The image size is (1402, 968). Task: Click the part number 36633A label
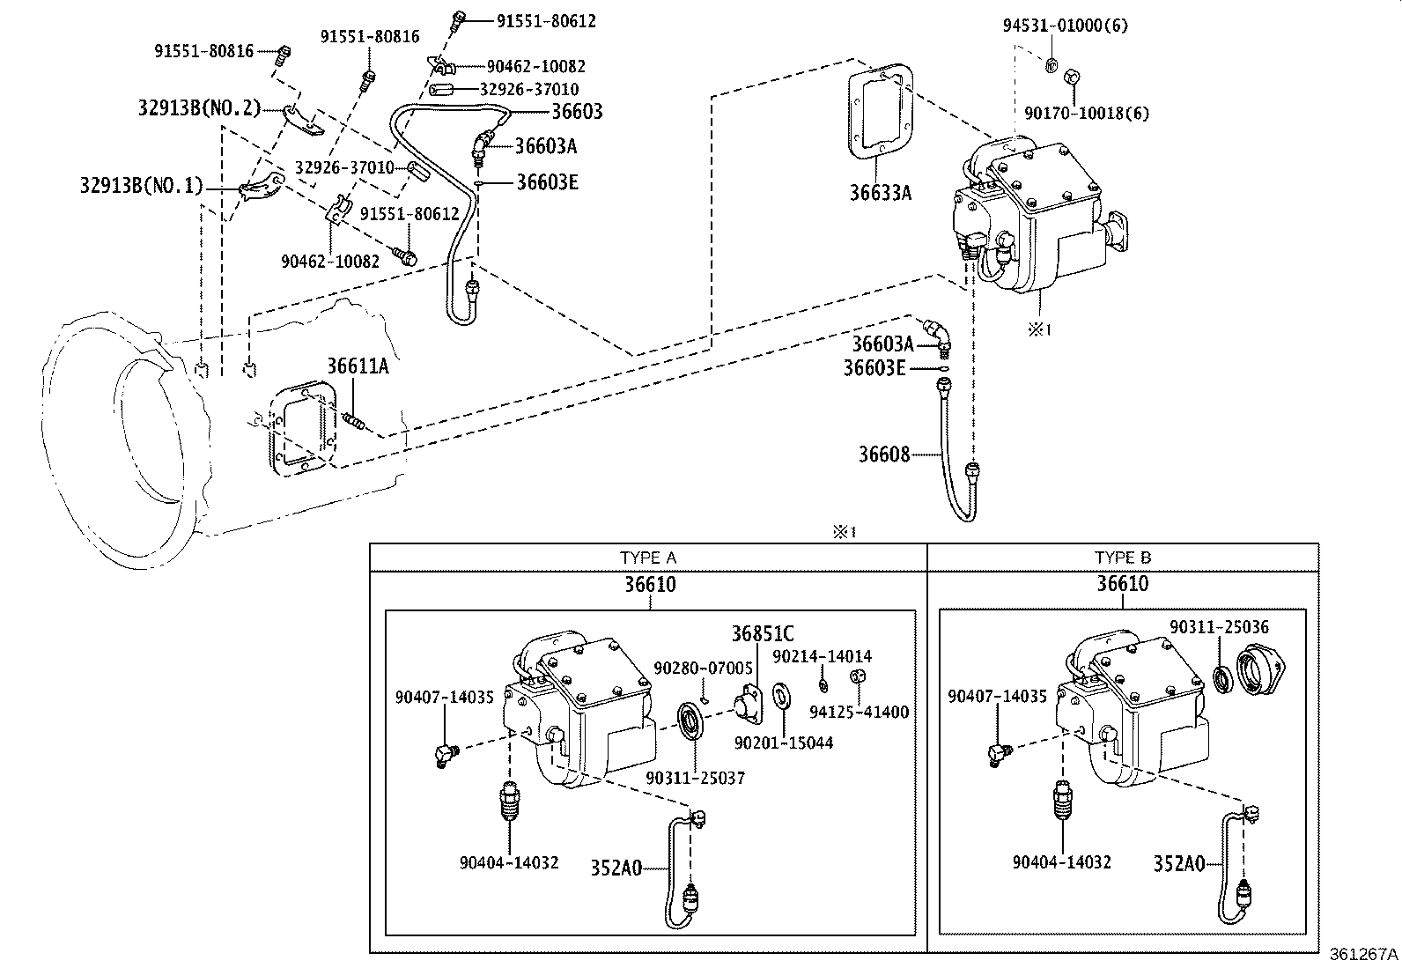pos(880,193)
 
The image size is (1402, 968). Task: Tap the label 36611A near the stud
pos(358,366)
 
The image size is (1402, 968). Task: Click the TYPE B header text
pos(1122,558)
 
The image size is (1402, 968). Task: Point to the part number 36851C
pos(762,633)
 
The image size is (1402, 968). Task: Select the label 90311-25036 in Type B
pos(1219,627)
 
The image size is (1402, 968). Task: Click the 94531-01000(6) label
pos(1065,26)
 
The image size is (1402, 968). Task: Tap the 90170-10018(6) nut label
pos(1087,113)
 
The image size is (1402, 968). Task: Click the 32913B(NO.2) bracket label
pos(199,108)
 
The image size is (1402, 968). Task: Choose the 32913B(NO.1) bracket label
pos(141,186)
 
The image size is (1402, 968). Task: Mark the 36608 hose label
pos(883,454)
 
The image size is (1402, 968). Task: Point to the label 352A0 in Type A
pos(616,868)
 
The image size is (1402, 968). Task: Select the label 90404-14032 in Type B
pos(1061,862)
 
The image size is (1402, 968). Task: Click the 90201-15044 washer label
pos(783,743)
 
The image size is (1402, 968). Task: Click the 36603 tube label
pos(577,111)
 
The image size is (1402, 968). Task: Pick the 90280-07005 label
pos(703,669)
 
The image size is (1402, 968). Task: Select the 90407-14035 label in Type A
pos(444,697)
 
